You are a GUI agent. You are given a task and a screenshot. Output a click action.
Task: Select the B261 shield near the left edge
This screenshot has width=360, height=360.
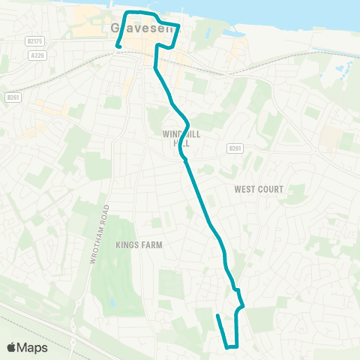12,97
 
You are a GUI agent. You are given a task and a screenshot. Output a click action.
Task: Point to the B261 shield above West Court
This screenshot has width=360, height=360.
235,148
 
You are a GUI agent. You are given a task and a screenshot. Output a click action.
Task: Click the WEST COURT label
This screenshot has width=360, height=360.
259,190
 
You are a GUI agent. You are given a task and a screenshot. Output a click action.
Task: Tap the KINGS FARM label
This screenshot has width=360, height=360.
139,244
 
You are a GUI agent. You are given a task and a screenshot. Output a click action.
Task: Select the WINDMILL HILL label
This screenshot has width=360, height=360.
178,138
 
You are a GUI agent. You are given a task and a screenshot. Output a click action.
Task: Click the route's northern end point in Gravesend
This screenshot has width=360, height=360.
118,46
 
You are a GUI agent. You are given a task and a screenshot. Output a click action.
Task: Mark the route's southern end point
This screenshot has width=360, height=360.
217,316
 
